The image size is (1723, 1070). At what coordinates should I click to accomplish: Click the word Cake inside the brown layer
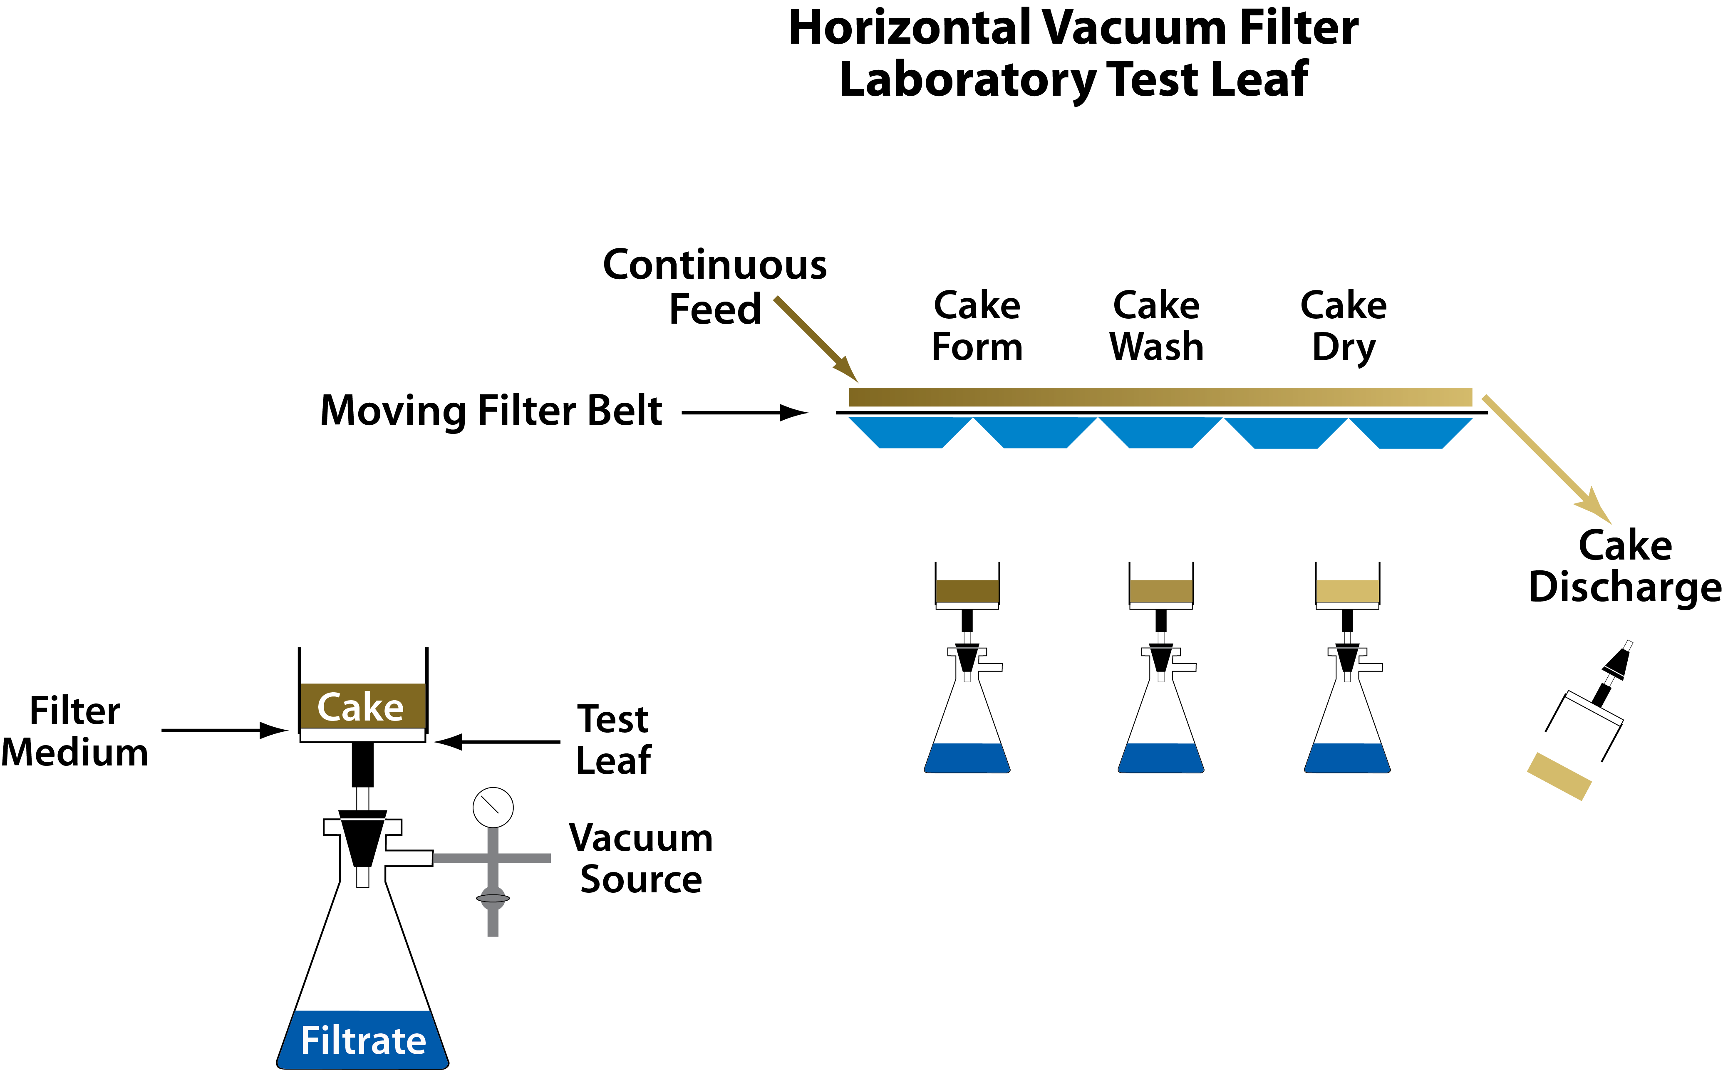(360, 707)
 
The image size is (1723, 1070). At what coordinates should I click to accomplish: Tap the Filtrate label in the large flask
(364, 1040)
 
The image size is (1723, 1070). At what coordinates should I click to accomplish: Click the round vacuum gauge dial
(493, 807)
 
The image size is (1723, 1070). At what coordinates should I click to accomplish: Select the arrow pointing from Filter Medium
(225, 730)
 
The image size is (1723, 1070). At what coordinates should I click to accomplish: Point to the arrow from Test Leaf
(497, 742)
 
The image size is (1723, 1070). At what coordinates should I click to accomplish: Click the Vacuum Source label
(641, 858)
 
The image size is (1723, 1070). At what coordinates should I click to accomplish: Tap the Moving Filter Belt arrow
(745, 413)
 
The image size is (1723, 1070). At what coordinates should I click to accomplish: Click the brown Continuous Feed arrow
(817, 340)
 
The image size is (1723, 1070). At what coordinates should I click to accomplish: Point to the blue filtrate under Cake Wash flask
(1160, 758)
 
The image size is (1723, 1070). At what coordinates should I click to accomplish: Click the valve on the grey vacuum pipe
(493, 899)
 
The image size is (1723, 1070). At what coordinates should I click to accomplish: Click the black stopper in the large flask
(363, 839)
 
